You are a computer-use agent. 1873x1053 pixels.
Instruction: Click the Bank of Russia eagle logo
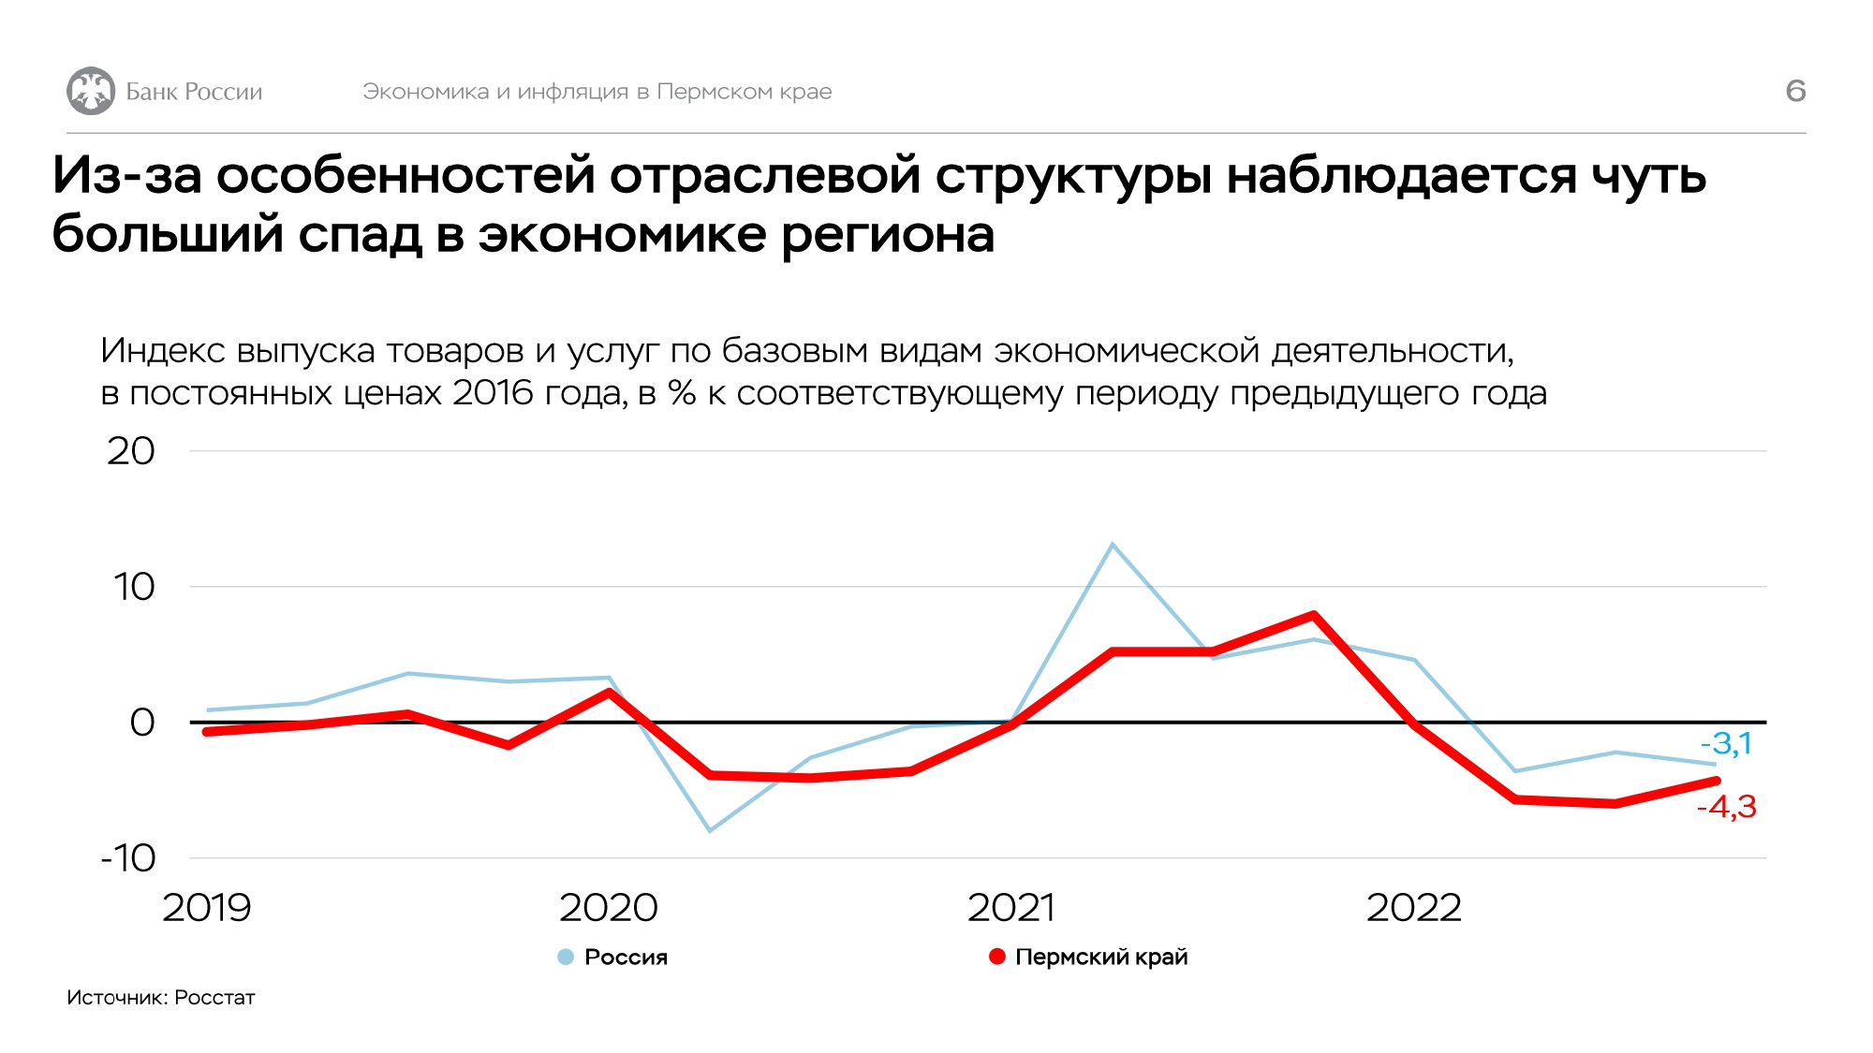91,91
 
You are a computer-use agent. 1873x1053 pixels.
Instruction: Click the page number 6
1795,91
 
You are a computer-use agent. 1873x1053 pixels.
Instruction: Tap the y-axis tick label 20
131,451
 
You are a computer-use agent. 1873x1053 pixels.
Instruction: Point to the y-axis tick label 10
134,587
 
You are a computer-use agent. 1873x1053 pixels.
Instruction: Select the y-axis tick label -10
128,857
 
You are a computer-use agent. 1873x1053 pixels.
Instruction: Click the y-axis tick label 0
142,723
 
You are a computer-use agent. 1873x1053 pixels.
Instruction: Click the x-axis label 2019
207,907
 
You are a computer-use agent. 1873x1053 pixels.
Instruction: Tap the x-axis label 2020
609,907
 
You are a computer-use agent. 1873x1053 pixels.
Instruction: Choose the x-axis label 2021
1010,907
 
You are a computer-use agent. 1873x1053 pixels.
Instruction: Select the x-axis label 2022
1413,907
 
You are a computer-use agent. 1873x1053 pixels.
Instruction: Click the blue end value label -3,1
1726,744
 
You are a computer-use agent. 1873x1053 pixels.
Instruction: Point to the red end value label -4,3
1726,806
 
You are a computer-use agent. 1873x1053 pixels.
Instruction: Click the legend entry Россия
625,957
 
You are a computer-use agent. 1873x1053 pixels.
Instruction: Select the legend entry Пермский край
1100,957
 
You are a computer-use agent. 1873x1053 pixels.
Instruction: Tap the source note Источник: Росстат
161,998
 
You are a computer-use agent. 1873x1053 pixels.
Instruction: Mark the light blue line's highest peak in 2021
1112,544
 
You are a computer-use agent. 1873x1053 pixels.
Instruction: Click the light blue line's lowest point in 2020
710,830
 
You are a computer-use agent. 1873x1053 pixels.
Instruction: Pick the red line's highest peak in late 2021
1314,615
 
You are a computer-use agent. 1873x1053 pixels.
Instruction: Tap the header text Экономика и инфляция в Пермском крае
597,92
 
